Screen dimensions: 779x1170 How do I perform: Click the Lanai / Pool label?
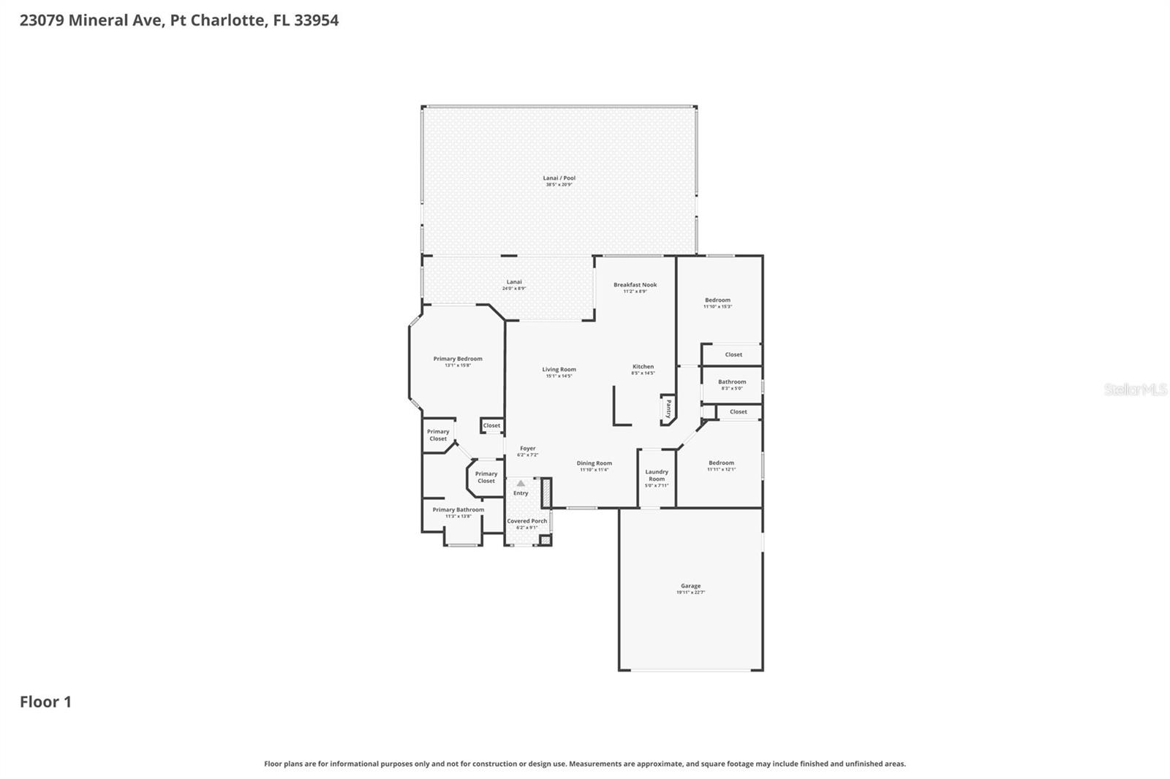pyautogui.click(x=559, y=178)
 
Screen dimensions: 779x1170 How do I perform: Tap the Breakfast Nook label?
pyautogui.click(x=635, y=285)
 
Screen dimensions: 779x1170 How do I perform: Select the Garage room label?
pyautogui.click(x=690, y=586)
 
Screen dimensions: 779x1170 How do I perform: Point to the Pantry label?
pyautogui.click(x=668, y=409)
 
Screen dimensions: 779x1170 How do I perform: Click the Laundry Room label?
pyautogui.click(x=657, y=476)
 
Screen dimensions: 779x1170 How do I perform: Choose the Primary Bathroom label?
pyautogui.click(x=458, y=510)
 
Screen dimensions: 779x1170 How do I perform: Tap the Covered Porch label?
pyautogui.click(x=526, y=521)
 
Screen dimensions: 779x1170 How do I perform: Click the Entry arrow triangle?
pyautogui.click(x=521, y=483)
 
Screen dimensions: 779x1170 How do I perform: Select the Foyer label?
pyautogui.click(x=527, y=449)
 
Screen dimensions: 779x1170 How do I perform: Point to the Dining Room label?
pyautogui.click(x=594, y=463)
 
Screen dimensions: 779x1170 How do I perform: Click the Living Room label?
pyautogui.click(x=559, y=370)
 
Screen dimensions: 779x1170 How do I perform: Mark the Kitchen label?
pyautogui.click(x=643, y=367)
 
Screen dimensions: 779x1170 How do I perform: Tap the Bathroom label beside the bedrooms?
pyautogui.click(x=731, y=382)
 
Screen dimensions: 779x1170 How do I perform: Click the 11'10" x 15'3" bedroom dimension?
pyautogui.click(x=717, y=307)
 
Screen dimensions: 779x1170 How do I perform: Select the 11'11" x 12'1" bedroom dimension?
pyautogui.click(x=721, y=469)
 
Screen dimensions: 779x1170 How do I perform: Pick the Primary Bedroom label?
pyautogui.click(x=458, y=359)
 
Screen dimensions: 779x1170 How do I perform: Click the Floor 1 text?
pyautogui.click(x=45, y=702)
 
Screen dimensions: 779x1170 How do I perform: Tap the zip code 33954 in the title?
pyautogui.click(x=316, y=20)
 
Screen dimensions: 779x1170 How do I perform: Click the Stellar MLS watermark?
pyautogui.click(x=1135, y=390)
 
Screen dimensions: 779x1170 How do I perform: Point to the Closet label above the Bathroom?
pyautogui.click(x=733, y=355)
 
